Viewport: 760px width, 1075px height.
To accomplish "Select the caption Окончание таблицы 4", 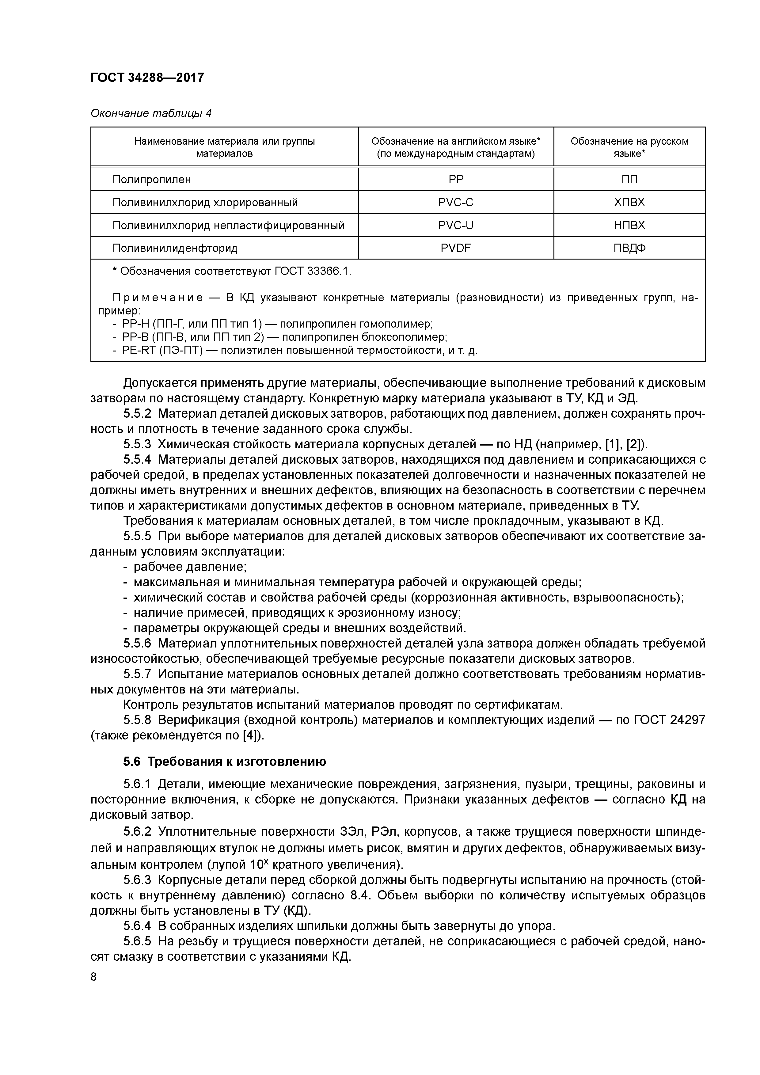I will click(151, 113).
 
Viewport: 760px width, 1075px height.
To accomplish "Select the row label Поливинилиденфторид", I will click(175, 248).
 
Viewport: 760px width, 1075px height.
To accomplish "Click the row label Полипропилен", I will click(151, 179).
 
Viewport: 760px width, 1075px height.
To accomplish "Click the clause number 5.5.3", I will click(137, 444).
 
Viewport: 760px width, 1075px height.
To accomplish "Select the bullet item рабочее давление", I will click(190, 567).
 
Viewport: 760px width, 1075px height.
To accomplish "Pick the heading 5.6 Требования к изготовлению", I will click(224, 761).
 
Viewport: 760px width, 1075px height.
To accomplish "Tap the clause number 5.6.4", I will click(137, 926).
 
